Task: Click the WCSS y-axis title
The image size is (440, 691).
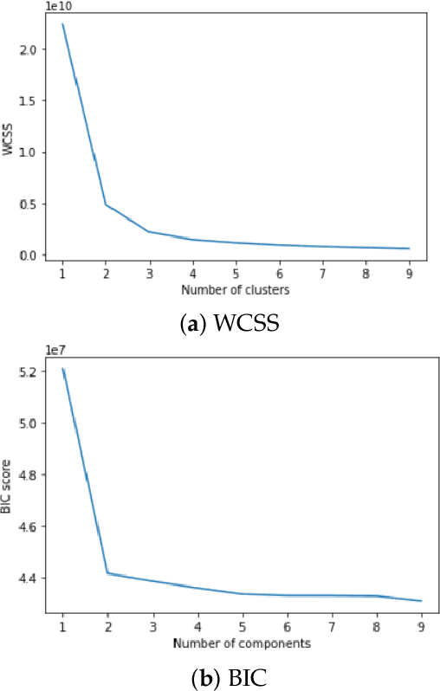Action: [10, 139]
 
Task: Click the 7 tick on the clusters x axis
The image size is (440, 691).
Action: [322, 272]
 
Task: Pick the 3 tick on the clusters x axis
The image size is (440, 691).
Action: [149, 272]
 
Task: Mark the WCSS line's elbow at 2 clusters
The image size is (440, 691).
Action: [106, 204]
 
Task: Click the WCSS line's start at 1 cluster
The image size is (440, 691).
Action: [62, 24]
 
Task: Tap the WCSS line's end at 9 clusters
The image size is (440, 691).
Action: [409, 249]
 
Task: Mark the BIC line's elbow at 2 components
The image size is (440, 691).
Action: [107, 572]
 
